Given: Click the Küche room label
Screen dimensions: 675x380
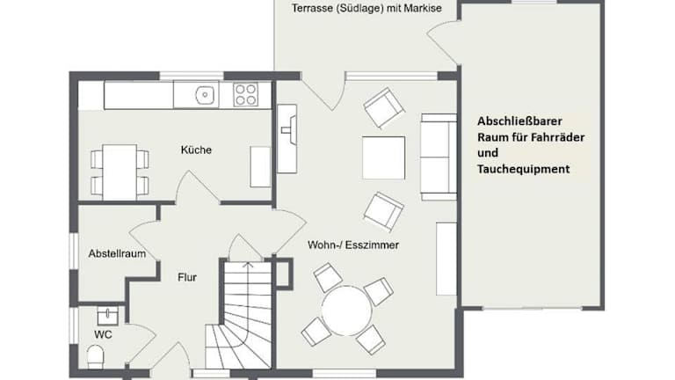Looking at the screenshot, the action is (x=196, y=150).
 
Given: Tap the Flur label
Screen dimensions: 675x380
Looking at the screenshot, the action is (x=187, y=277).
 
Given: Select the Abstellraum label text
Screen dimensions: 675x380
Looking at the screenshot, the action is (x=117, y=253).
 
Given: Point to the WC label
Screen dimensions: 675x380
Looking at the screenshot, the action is (x=103, y=334).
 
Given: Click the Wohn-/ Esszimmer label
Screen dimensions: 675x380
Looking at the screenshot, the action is (x=353, y=245).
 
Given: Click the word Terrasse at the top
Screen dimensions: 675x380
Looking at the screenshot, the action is (x=311, y=8).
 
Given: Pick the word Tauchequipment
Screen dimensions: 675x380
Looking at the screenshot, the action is (x=524, y=169).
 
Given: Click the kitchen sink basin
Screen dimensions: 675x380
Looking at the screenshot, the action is (x=205, y=94).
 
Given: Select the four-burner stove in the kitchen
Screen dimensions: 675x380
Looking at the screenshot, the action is (x=246, y=95).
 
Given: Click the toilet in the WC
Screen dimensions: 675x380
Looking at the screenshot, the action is (x=96, y=357).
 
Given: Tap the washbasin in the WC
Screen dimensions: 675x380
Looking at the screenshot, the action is (x=107, y=317).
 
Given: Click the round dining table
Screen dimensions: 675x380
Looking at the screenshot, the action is (x=346, y=311).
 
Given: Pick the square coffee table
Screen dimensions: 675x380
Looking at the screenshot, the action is (x=383, y=157).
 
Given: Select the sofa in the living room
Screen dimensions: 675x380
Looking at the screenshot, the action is (x=439, y=157).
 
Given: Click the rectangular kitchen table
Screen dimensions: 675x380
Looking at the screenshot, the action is (x=120, y=172).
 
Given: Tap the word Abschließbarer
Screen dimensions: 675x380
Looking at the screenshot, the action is (x=519, y=121).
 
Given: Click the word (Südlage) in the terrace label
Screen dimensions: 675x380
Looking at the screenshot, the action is (x=359, y=8).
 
